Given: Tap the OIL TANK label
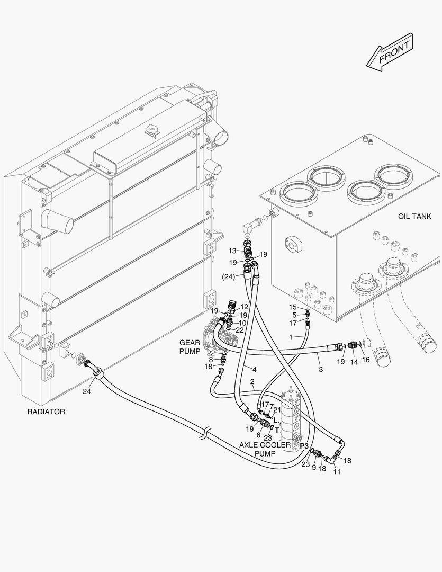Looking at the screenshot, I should tap(414, 217).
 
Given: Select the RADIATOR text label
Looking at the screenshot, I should tap(46, 412).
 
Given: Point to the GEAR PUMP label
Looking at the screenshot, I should tap(190, 346).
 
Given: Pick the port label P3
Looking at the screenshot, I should tap(304, 446).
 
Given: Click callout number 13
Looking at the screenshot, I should tap(232, 250).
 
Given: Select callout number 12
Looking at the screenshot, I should tap(244, 307).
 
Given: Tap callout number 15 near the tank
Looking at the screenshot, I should tap(293, 307).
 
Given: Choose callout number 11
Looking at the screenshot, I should tap(337, 472).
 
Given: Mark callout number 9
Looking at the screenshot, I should tap(314, 468).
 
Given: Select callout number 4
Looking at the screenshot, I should tap(255, 369).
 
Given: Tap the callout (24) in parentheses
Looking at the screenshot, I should tap(229, 276).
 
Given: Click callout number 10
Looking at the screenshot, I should tap(242, 323).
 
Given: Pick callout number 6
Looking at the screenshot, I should tap(259, 434).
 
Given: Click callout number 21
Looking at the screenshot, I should tap(277, 409).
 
